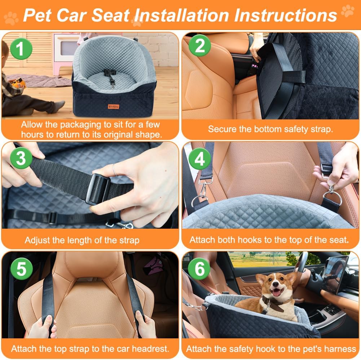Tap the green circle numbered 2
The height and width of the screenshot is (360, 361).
point(199,47)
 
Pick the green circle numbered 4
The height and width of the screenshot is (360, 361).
point(199,159)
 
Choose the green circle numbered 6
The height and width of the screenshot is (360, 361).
point(199,269)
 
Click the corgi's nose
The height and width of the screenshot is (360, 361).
point(276,287)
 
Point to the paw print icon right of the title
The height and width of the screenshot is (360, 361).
point(348,11)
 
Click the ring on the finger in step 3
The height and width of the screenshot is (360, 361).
point(115,169)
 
